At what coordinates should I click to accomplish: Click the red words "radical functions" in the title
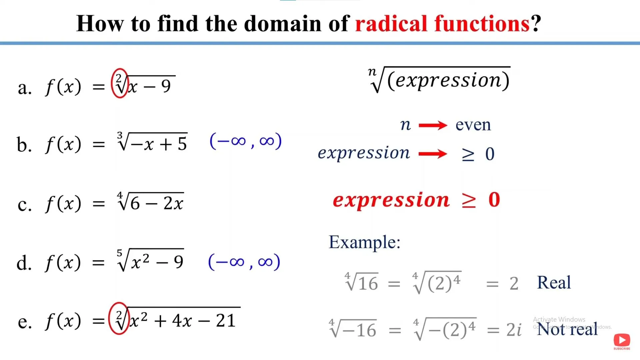click(x=442, y=23)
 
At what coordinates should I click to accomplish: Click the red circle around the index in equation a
click(x=112, y=83)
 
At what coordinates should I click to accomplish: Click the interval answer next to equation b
click(x=246, y=141)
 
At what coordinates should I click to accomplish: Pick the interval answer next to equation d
click(x=244, y=262)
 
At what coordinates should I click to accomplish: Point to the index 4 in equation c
click(x=120, y=195)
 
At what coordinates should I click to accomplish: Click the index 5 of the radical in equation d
click(x=120, y=253)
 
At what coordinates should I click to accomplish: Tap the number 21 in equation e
click(x=226, y=321)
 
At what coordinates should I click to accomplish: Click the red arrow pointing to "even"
click(x=433, y=125)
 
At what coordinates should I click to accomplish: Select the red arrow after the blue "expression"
click(x=433, y=154)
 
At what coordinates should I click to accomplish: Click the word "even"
click(x=473, y=125)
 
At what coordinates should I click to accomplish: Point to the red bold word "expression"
click(x=391, y=200)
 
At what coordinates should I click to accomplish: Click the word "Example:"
click(x=364, y=242)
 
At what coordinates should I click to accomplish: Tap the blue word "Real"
click(x=554, y=282)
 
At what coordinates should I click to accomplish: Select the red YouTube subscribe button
click(x=622, y=340)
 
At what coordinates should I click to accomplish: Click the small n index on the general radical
click(x=372, y=71)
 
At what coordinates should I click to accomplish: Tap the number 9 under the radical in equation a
click(x=166, y=86)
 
